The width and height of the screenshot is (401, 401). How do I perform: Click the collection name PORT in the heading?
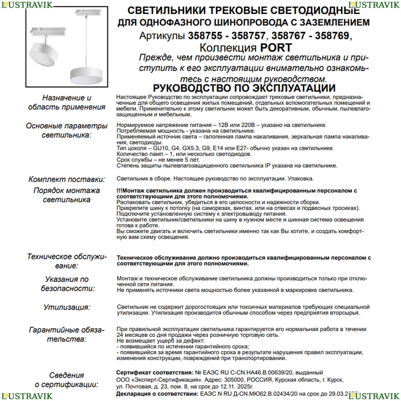277,48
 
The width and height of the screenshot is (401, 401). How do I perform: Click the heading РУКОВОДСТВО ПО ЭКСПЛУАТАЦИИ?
244,88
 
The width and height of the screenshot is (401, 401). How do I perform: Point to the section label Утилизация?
67,308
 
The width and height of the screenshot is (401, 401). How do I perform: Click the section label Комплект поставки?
67,179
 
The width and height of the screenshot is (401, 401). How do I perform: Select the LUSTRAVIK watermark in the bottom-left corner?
26,396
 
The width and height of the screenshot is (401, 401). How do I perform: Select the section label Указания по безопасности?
67,284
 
